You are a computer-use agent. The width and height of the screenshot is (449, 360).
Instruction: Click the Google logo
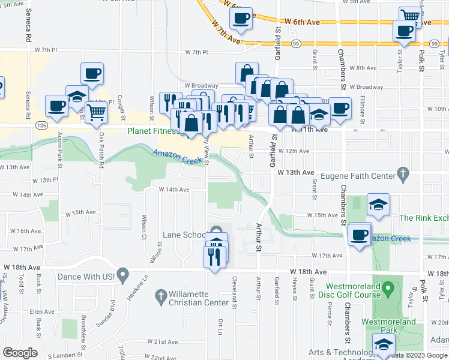(20, 353)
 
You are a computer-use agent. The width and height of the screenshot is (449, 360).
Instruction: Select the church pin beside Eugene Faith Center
(403, 175)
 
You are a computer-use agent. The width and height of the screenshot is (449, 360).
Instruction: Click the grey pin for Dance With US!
(122, 276)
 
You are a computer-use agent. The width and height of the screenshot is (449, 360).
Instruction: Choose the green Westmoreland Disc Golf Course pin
(388, 290)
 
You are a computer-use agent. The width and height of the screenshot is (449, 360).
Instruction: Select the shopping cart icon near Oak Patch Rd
(96, 111)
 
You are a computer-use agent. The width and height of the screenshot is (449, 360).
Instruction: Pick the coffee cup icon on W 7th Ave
(241, 19)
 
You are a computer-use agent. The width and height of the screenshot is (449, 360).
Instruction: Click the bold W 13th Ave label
(295, 173)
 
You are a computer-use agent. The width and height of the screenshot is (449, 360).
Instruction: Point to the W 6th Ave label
(302, 22)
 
